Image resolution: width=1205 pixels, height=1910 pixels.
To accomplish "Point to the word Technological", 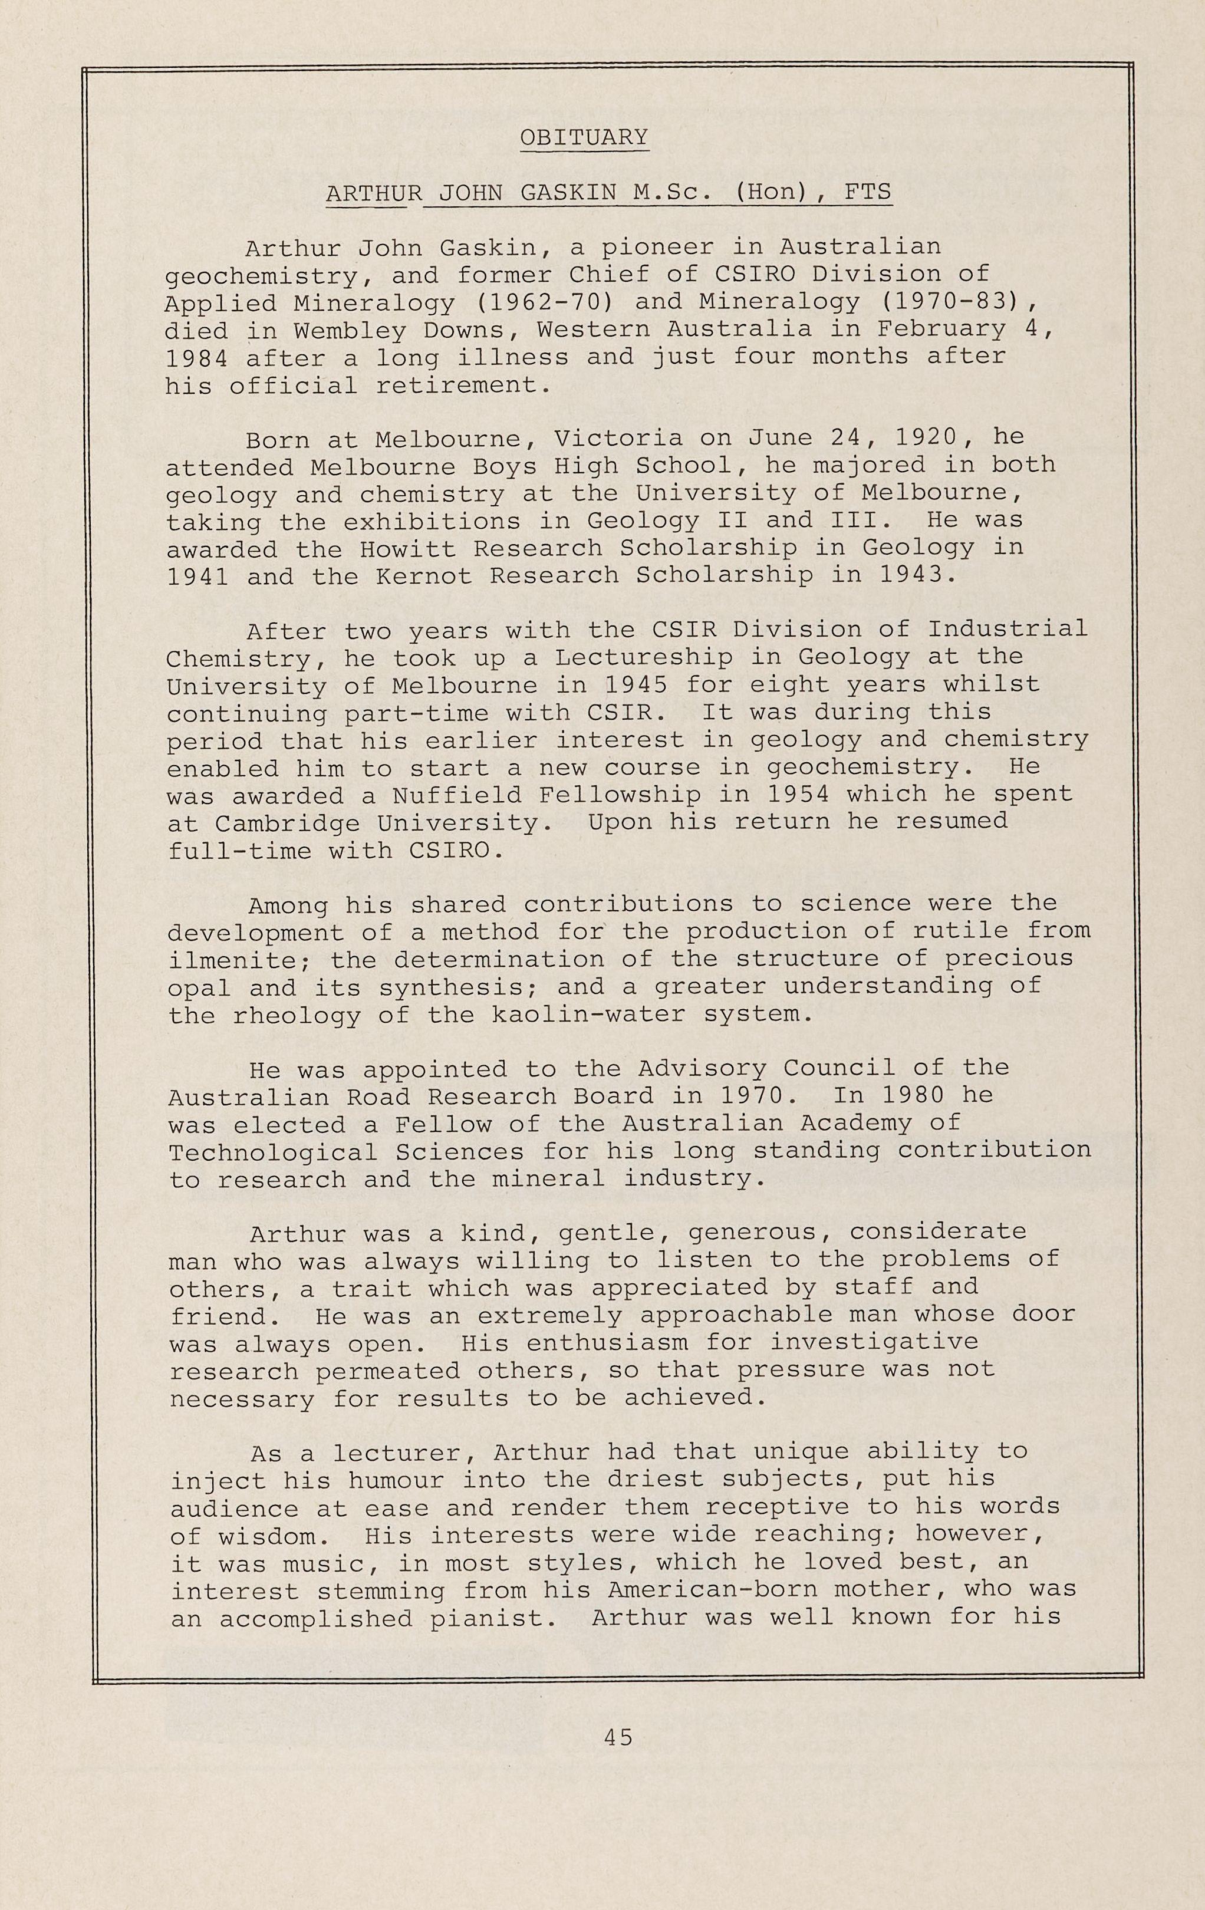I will pyautogui.click(x=273, y=1152).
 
